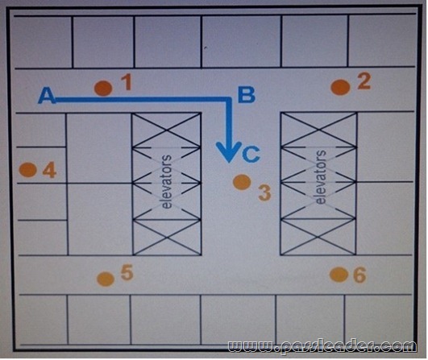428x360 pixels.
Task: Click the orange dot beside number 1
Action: pos(103,88)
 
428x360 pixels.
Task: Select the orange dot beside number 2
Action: pos(340,87)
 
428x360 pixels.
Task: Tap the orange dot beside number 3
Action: pos(242,182)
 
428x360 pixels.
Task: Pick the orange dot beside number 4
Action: pos(28,170)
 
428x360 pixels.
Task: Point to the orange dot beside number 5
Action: pos(106,279)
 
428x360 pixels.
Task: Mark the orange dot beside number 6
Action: pos(339,275)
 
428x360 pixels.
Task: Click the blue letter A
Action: pos(47,96)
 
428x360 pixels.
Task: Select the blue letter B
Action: pos(247,95)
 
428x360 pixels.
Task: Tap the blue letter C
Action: pos(251,155)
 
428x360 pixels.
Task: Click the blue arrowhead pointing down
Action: pos(229,152)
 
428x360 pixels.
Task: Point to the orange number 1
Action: pos(126,82)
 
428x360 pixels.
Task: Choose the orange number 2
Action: pos(364,81)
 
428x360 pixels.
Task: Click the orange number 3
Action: pos(264,192)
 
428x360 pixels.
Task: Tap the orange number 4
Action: pos(49,170)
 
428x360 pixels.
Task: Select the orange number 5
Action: pos(127,272)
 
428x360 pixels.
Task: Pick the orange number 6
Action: pos(359,275)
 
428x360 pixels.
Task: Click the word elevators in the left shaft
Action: pos(167,182)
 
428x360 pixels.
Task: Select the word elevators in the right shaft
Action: pos(321,177)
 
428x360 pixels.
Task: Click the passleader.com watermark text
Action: pos(322,346)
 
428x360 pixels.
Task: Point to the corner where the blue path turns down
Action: pos(229,100)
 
